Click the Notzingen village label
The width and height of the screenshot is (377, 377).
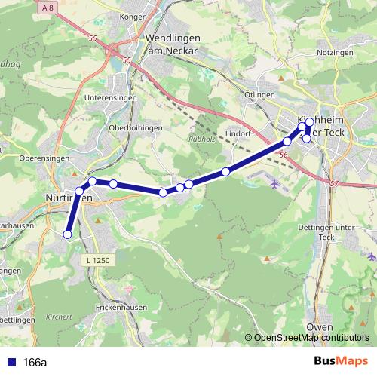[x=335, y=53]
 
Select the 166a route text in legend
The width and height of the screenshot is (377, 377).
[x=35, y=362]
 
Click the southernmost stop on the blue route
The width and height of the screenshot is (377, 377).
[x=67, y=234]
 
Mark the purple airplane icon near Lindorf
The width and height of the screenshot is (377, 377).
[x=273, y=182]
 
